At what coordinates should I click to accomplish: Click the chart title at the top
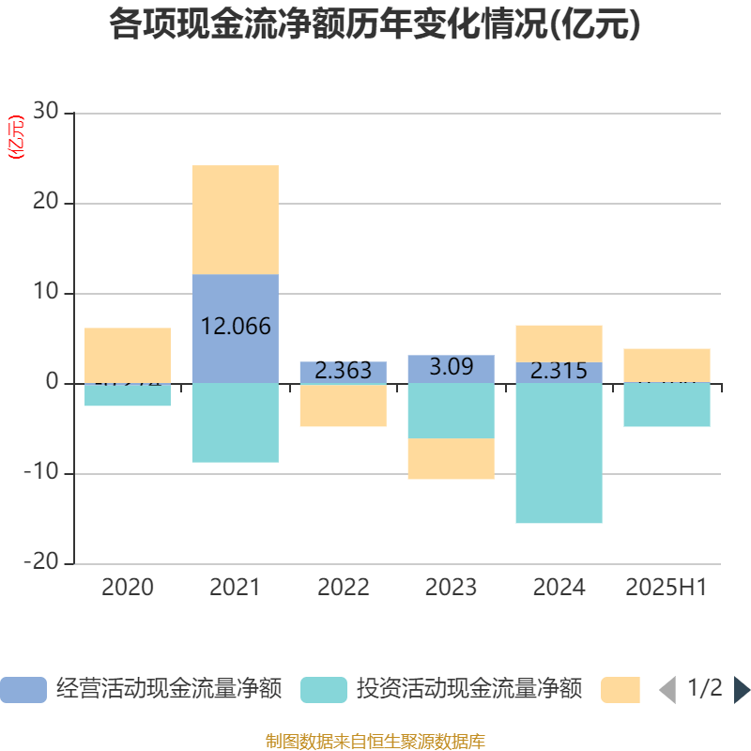tap(375, 25)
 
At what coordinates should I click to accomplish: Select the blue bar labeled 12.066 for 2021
tap(235, 329)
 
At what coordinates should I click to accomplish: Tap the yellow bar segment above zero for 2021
tap(235, 220)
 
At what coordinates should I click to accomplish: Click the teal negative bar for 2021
tap(235, 422)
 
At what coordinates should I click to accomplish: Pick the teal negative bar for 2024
tap(559, 453)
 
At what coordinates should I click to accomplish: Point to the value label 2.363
tap(343, 371)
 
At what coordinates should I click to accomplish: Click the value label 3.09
tap(451, 367)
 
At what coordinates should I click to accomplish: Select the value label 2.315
tap(559, 371)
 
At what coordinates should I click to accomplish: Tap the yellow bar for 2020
tap(128, 352)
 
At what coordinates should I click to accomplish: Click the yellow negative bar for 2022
tap(343, 406)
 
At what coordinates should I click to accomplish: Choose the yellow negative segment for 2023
tap(451, 459)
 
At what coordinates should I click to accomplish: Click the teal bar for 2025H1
tap(667, 405)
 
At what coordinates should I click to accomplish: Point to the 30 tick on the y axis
tap(46, 113)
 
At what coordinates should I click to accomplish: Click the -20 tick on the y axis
tap(41, 563)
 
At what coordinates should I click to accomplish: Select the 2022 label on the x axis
tap(343, 588)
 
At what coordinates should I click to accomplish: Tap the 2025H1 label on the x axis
tap(667, 588)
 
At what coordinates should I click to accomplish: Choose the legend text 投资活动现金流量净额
tap(469, 690)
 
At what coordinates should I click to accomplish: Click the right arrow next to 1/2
tap(741, 690)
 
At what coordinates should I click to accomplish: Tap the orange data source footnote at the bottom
tap(375, 742)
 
